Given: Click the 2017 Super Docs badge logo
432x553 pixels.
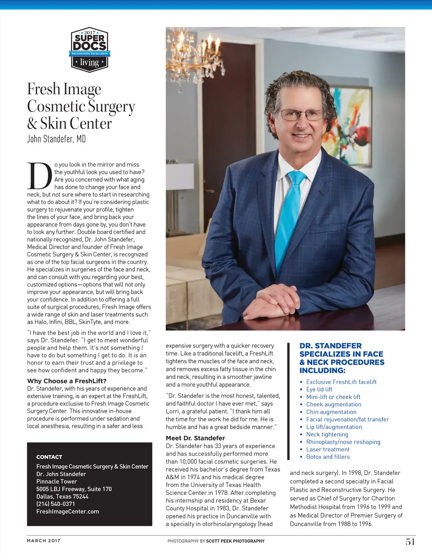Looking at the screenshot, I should click(89, 50).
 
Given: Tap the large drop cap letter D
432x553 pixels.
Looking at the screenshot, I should click(40, 176).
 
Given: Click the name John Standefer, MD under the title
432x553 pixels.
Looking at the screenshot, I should click(57, 139).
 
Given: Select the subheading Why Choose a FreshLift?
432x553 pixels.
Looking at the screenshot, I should click(67, 381).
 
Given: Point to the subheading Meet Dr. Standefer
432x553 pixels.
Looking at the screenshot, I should click(195, 438).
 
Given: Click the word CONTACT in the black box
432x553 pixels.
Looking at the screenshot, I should click(49, 457).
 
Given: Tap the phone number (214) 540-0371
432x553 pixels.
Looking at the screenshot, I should click(56, 504).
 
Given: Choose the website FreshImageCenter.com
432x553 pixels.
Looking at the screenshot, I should click(67, 511).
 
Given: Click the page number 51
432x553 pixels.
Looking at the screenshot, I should click(410, 542).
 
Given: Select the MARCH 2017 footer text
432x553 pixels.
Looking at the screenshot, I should click(43, 540).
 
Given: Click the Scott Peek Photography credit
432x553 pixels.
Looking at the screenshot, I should click(235, 541).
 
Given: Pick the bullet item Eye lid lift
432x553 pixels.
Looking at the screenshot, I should click(319, 389).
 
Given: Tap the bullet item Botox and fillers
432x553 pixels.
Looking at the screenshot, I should click(328, 457).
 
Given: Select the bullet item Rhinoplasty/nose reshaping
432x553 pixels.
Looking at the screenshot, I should click(343, 442).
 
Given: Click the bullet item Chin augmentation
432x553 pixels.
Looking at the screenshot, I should click(331, 412).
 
